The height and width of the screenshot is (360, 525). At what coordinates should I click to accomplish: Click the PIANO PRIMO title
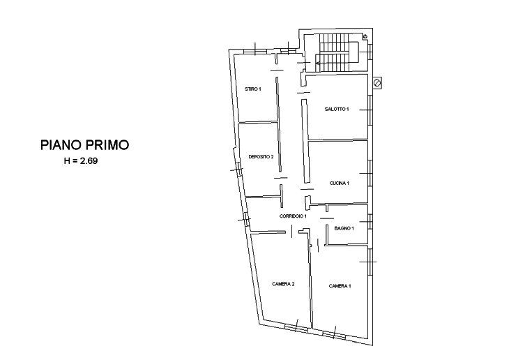point(84,145)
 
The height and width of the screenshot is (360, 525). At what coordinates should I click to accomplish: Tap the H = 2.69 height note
point(81,161)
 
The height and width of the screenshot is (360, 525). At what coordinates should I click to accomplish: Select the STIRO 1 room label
point(253,89)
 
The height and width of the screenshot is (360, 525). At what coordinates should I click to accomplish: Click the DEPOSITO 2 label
point(261,156)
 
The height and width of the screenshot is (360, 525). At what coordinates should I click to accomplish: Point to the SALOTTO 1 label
point(337,109)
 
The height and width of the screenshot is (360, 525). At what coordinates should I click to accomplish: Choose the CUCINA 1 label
point(339,183)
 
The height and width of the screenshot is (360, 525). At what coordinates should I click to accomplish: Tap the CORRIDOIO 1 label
point(293,216)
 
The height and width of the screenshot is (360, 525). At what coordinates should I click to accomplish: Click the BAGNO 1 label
point(344,228)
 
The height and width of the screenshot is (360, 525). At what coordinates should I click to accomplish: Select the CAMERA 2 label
point(283,284)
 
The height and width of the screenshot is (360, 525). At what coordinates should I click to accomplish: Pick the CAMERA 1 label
point(340,286)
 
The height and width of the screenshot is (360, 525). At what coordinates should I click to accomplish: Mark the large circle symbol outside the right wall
point(377,82)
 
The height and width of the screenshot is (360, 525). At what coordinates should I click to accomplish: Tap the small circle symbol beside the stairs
point(365,36)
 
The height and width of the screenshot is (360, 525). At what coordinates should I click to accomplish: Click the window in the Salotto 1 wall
point(370,110)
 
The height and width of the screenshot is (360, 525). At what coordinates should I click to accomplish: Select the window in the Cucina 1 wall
point(370,173)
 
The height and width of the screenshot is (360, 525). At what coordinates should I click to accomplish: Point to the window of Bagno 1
point(370,222)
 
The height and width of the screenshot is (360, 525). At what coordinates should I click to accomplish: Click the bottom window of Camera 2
point(296,327)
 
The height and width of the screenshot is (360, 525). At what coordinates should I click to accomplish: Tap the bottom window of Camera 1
point(334,334)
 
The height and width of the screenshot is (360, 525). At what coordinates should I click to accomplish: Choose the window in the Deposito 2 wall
point(239,170)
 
